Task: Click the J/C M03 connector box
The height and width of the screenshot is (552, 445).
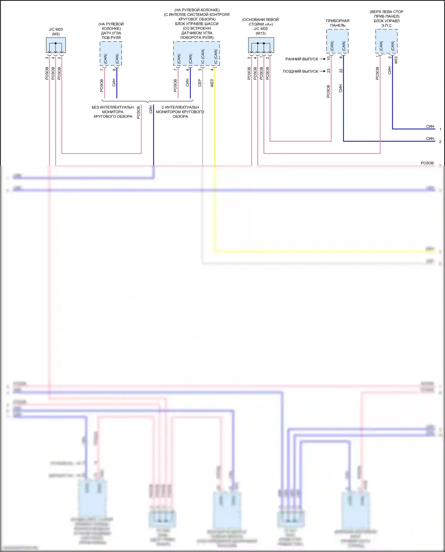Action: pyautogui.click(x=56, y=45)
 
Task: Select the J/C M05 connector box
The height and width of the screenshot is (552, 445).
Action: pyautogui.click(x=261, y=45)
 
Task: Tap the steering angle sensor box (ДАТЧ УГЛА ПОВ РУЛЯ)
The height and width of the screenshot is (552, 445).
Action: pyautogui.click(x=111, y=53)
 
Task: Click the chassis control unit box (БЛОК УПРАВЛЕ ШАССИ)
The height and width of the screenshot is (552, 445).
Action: pyautogui.click(x=196, y=53)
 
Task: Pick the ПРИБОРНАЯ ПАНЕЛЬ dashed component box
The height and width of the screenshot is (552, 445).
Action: pyautogui.click(x=337, y=41)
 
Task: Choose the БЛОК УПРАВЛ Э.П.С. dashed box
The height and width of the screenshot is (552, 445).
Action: pyautogui.click(x=386, y=41)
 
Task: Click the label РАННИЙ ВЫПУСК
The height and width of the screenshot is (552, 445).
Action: pyautogui.click(x=301, y=59)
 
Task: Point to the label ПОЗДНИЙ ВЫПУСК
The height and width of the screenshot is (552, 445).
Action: pyautogui.click(x=300, y=71)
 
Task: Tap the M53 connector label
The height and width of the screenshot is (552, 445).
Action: pyautogui.click(x=396, y=60)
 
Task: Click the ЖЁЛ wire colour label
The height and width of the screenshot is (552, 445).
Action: pyautogui.click(x=212, y=83)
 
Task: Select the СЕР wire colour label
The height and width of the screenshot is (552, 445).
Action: pyautogui.click(x=200, y=83)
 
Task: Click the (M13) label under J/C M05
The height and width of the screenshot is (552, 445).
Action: pyautogui.click(x=261, y=34)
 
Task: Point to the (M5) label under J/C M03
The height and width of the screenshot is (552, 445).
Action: pyautogui.click(x=56, y=34)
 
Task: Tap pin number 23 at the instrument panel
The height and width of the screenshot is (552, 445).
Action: pyautogui.click(x=328, y=71)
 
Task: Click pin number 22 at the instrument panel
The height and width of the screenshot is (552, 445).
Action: pyautogui.click(x=341, y=71)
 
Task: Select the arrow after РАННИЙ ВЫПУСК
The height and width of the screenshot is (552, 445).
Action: pyautogui.click(x=322, y=59)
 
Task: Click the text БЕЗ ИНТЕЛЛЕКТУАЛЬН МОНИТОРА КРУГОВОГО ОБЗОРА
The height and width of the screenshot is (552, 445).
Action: pyautogui.click(x=113, y=112)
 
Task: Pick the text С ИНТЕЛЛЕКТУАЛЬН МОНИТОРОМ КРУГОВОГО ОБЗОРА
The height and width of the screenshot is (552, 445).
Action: pyautogui.click(x=180, y=112)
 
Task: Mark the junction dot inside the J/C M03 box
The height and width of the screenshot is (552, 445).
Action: pyautogui.click(x=55, y=43)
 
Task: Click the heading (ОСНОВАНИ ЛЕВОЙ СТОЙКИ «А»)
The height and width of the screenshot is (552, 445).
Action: pyautogui.click(x=260, y=22)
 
